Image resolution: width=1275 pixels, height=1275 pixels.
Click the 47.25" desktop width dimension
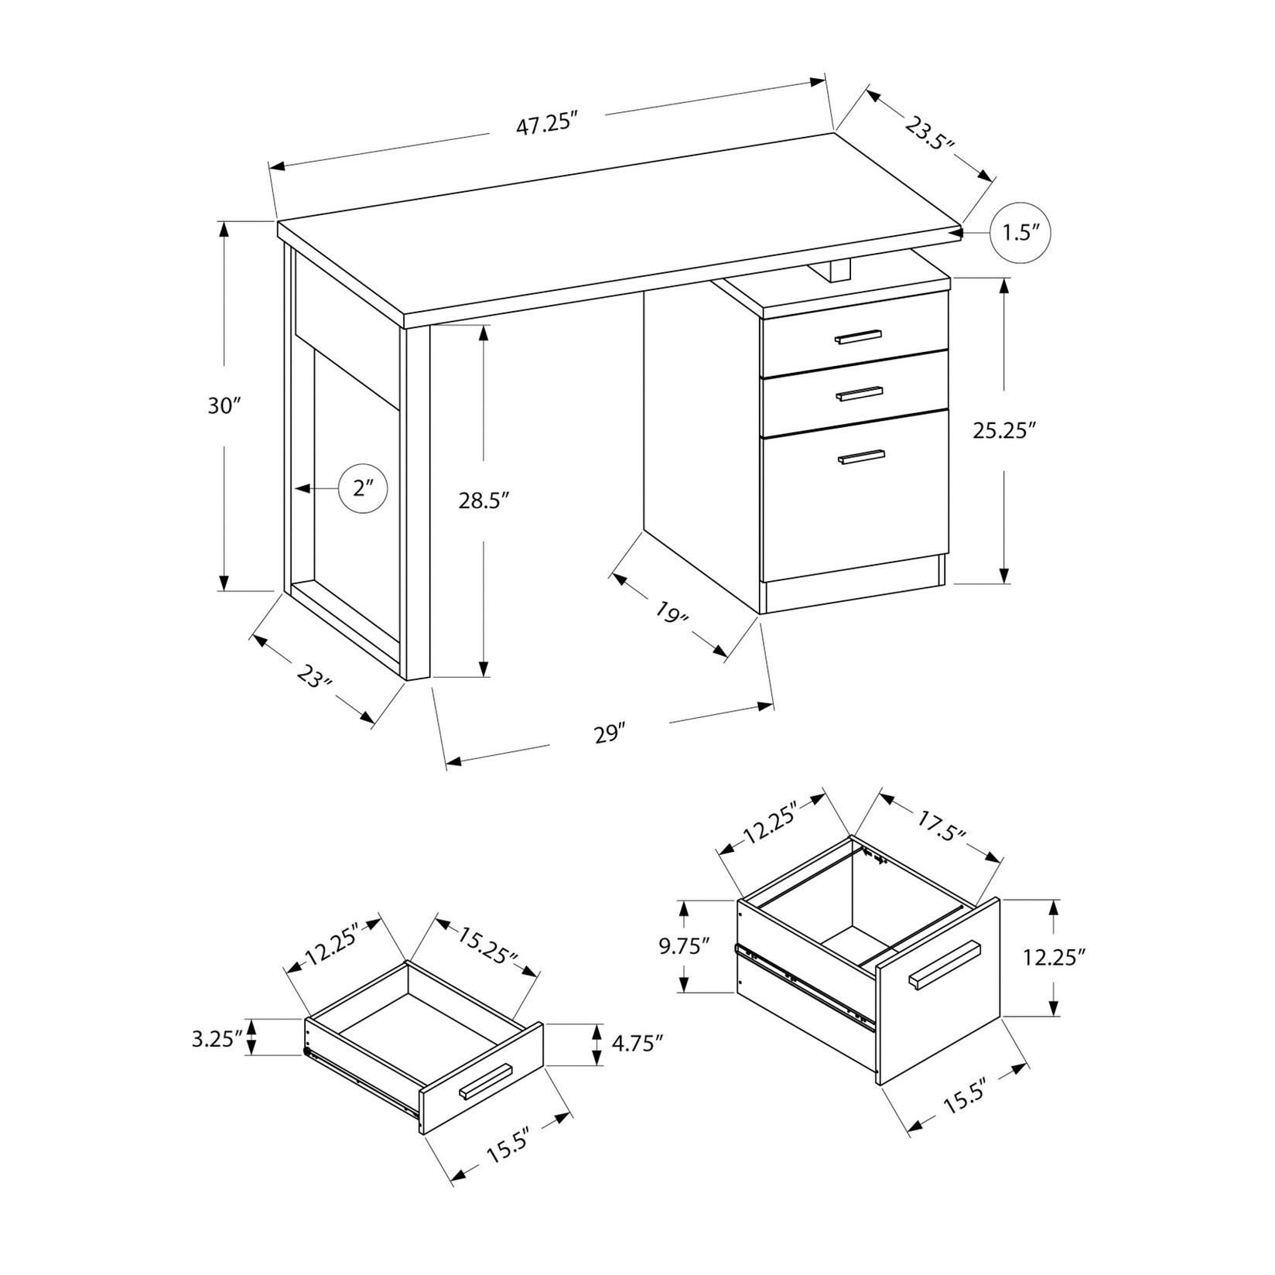pyautogui.click(x=548, y=124)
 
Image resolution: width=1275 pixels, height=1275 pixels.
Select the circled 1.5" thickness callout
pyautogui.click(x=1020, y=233)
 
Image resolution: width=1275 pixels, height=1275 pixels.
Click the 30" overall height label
pyautogui.click(x=224, y=405)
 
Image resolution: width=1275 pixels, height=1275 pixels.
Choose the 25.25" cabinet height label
pyautogui.click(x=1003, y=431)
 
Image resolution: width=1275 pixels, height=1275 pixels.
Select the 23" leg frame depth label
pyautogui.click(x=315, y=678)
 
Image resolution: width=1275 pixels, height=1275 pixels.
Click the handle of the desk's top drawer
pyautogui.click(x=858, y=337)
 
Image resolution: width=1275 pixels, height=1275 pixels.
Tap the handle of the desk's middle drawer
pyautogui.click(x=860, y=395)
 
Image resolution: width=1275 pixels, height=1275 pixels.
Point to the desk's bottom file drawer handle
pyautogui.click(x=861, y=456)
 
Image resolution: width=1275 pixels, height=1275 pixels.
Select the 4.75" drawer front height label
pyautogui.click(x=637, y=1044)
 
